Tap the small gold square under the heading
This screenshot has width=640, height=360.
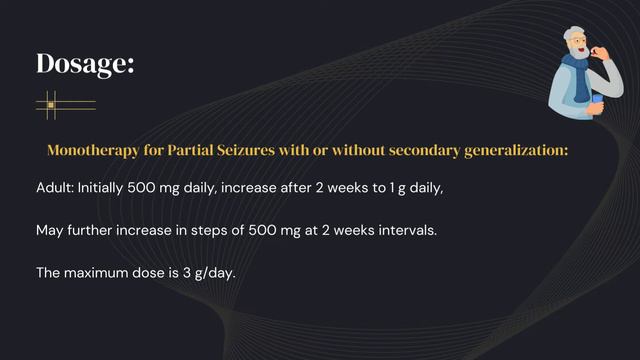51,104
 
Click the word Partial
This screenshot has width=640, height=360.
186,150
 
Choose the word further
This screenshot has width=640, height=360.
95,230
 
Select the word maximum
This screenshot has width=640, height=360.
107,272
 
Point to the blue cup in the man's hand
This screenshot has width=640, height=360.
597,101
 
